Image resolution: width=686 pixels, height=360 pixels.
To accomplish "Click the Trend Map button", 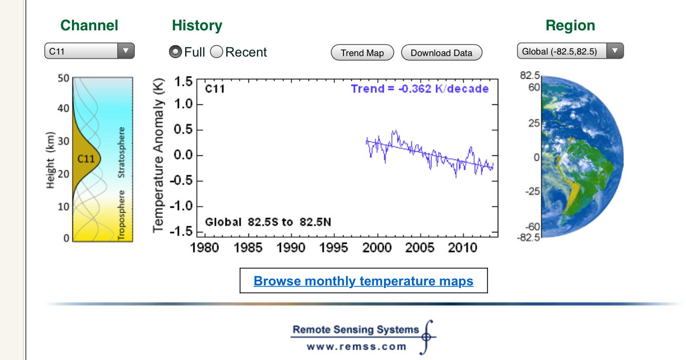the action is pos(363,52).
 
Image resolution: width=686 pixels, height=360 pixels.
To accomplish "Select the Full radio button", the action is pos(175,52).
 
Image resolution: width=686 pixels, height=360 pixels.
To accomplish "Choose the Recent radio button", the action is pos(216,52).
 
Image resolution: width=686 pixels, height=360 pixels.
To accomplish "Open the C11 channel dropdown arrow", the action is pos(125,51).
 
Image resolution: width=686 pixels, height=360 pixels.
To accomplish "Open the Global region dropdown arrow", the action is pos(615,51).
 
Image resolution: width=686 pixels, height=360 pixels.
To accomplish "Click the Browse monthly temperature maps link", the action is pos(364,281).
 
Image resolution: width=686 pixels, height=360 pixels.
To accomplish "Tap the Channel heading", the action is pos(89,25).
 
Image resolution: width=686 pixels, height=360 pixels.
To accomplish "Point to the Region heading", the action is pos(570,25).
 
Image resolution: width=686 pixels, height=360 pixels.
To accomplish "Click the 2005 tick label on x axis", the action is pos(420,247).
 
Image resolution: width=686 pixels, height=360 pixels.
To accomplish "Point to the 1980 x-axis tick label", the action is pos(205,247).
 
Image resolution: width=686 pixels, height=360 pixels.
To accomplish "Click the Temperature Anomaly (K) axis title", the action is pos(158,156).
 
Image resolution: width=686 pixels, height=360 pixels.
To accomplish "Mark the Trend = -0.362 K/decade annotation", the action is pos(420,89).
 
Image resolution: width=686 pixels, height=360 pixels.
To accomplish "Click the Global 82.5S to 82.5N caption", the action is pos(268,222).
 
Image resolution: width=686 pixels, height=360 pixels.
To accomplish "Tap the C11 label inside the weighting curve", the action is pos(86,159).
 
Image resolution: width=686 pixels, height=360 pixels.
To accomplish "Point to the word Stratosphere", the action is pos(121,152).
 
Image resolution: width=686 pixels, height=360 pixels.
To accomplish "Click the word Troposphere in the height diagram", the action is pos(121,215).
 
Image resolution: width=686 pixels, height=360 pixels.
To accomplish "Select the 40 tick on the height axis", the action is pos(63,108).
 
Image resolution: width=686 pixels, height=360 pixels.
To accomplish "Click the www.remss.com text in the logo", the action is pos(356,347).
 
